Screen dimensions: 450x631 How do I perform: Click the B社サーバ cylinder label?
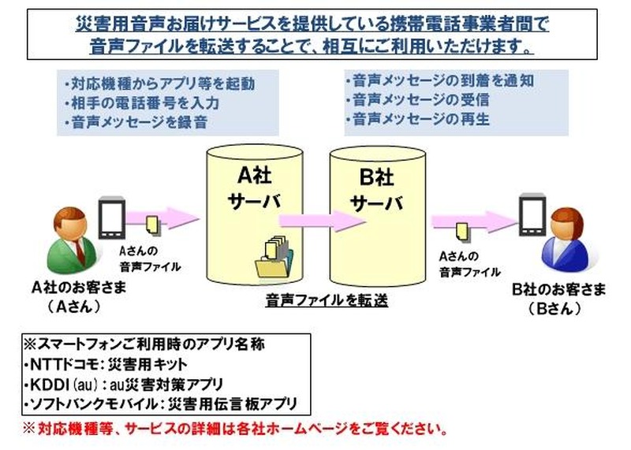pyautogui.click(x=376, y=189)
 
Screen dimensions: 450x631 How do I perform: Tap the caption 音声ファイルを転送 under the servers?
pyautogui.click(x=327, y=299)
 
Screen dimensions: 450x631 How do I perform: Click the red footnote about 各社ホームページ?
pyautogui.click(x=237, y=430)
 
